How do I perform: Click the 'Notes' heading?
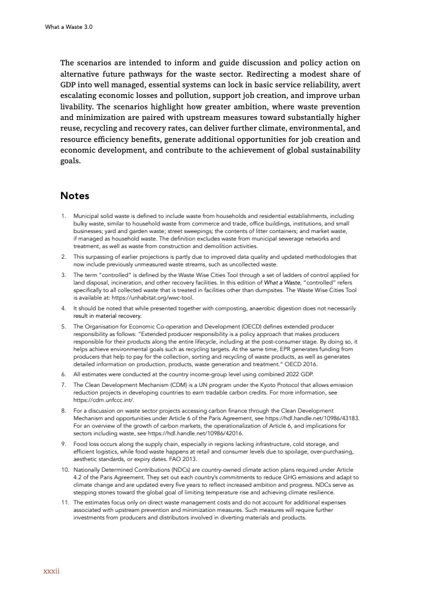tap(75, 197)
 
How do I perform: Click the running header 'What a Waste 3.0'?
tap(68, 27)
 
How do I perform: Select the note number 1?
tap(63, 215)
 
